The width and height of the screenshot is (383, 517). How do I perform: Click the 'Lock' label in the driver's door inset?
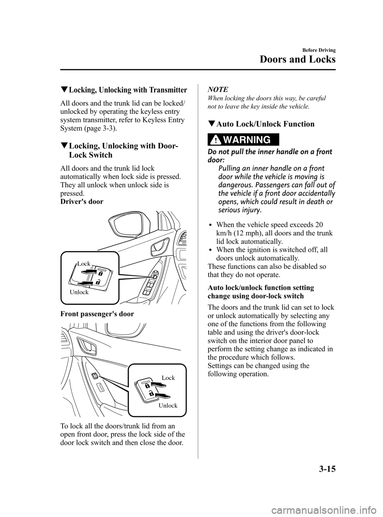[84, 263]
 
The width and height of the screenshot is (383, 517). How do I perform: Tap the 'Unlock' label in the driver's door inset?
[79, 292]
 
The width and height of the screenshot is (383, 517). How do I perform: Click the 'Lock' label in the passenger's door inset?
[168, 377]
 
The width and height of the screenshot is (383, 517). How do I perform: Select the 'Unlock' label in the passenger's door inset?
[168, 406]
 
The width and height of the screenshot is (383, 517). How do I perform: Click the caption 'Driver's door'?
[82, 201]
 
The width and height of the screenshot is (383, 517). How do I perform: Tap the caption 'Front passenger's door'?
[97, 314]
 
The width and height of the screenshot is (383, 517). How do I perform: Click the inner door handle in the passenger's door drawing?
[88, 346]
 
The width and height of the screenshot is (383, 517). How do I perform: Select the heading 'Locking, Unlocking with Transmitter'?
[127, 89]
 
